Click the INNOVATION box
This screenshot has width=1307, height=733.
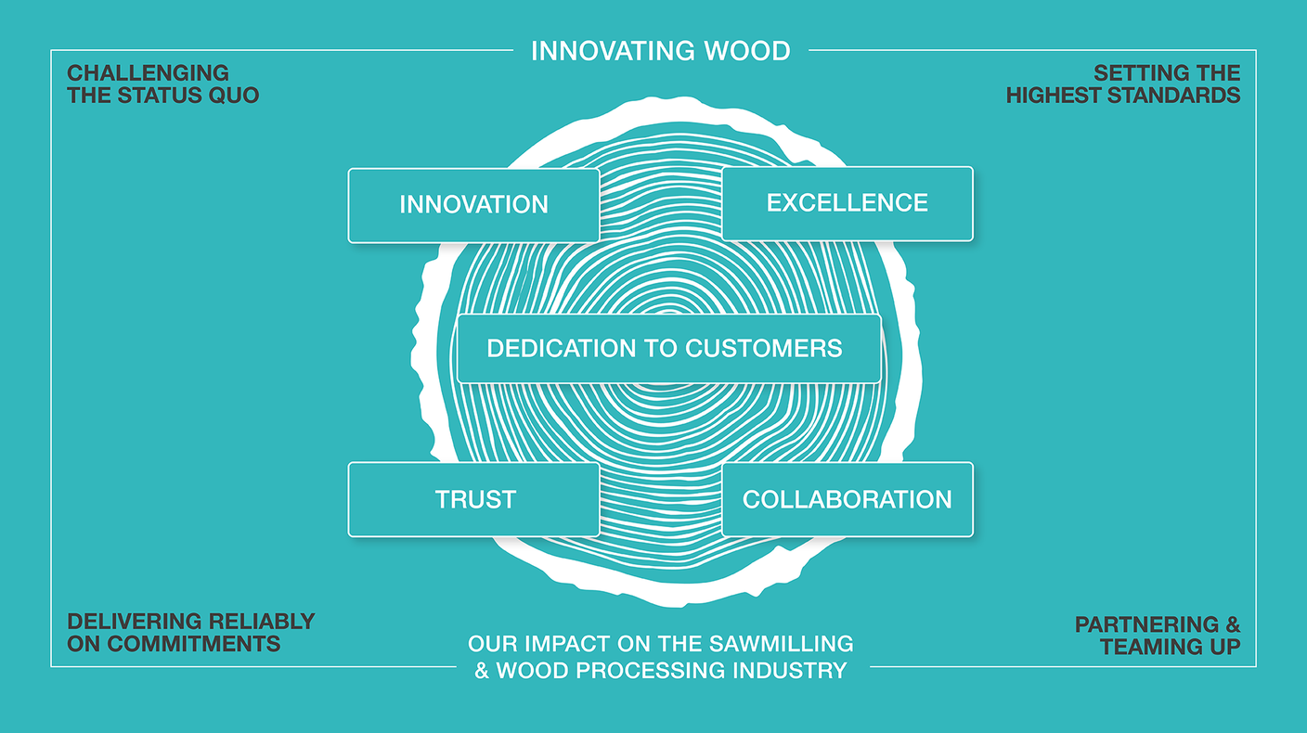[473, 205]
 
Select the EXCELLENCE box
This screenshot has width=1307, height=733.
[847, 203]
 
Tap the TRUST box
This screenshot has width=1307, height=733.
[473, 499]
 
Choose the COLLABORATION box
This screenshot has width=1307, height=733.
[847, 499]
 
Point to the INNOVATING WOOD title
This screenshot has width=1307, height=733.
[660, 50]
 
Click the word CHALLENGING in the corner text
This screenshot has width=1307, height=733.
[148, 73]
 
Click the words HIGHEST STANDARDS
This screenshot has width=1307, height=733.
[1123, 95]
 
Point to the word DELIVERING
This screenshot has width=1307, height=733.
[135, 622]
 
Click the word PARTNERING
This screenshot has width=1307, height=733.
[1145, 624]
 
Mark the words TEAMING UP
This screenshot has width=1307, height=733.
[1171, 647]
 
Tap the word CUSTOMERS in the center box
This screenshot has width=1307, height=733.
[763, 348]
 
